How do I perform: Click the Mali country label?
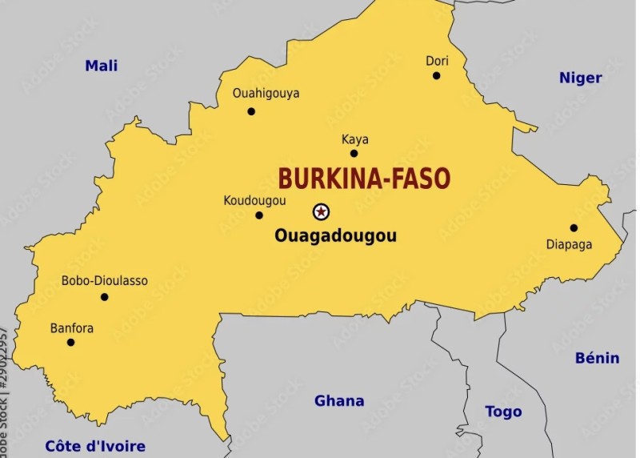point(102,66)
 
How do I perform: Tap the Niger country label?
point(580,78)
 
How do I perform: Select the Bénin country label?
point(597,358)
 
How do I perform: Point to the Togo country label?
point(503,412)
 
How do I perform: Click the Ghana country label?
point(339,400)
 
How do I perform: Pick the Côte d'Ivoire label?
point(95,446)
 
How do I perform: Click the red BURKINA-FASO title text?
point(364,179)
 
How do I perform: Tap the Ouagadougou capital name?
point(335,236)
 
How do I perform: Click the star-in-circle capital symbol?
point(321,211)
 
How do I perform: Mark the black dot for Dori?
point(437,76)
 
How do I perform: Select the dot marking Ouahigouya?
point(251,111)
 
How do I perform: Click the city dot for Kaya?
point(354,153)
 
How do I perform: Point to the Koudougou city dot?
point(259,215)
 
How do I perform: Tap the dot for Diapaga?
point(574,227)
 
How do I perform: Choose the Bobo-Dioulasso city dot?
point(104,297)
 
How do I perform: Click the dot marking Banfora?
point(70,343)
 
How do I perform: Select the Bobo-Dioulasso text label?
point(104,281)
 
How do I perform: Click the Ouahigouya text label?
point(266,93)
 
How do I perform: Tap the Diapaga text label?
point(569,244)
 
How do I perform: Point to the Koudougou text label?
point(254,200)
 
